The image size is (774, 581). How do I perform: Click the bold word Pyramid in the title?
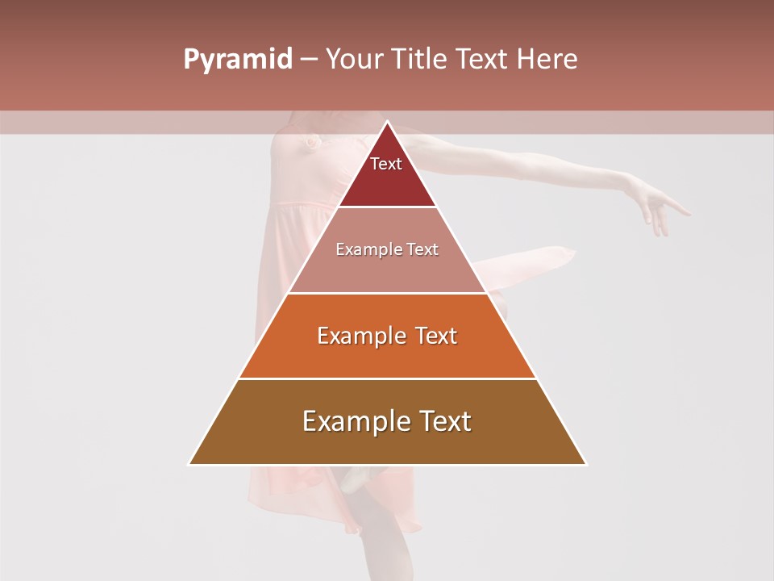[x=238, y=60]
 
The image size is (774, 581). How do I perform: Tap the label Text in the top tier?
[x=386, y=164]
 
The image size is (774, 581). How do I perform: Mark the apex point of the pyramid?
[x=387, y=123]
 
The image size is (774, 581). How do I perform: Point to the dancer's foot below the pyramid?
[x=355, y=479]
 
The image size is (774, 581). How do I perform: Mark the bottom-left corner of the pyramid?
[x=189, y=464]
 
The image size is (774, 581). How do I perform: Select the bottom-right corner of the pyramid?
[x=585, y=464]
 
